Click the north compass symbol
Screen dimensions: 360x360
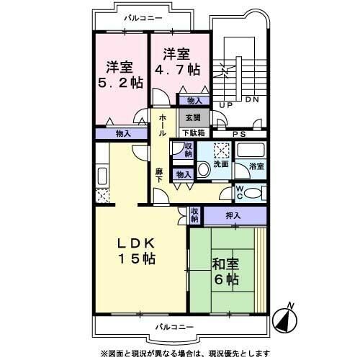click(x=285, y=319)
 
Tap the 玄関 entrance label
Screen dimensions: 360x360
click(x=194, y=118)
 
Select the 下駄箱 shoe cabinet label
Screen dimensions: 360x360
click(x=194, y=132)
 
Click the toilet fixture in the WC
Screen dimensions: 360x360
click(x=253, y=193)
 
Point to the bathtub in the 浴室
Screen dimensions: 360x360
click(x=251, y=150)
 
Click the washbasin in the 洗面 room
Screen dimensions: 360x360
click(x=204, y=169)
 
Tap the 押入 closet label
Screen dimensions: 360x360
click(x=233, y=216)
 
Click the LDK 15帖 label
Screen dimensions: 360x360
click(x=136, y=251)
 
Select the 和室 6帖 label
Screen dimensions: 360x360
click(x=226, y=272)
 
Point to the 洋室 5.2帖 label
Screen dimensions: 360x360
click(x=120, y=75)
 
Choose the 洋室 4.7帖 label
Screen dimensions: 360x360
click(x=177, y=62)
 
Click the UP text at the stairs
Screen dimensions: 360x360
click(x=226, y=105)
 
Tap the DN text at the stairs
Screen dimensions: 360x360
click(x=252, y=99)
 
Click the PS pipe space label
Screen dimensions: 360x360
click(x=240, y=134)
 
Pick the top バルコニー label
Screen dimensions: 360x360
click(x=143, y=18)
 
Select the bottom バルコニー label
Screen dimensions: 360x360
click(x=174, y=327)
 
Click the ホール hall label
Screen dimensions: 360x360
click(x=162, y=125)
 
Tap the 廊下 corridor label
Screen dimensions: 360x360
click(x=158, y=176)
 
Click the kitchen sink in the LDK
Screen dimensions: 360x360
click(x=102, y=176)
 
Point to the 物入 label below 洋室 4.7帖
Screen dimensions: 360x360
click(x=194, y=101)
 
